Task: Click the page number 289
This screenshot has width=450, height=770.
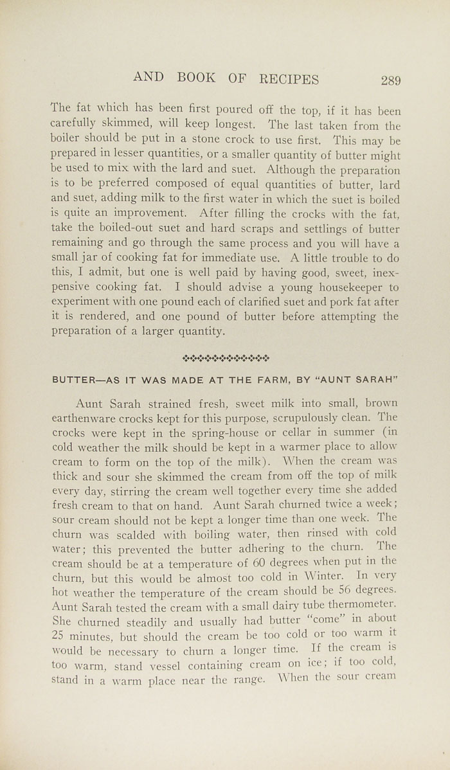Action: (390, 80)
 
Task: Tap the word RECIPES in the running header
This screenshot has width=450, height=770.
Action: (289, 79)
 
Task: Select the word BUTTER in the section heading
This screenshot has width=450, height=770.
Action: (72, 379)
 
